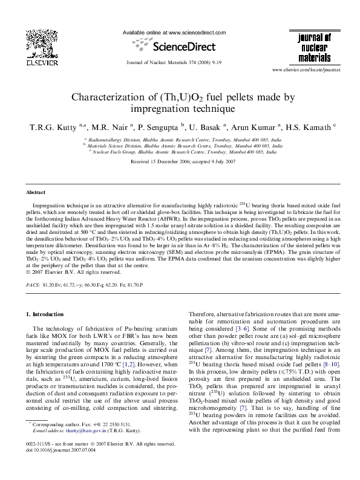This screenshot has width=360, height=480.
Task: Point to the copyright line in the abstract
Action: coord(67,271)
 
